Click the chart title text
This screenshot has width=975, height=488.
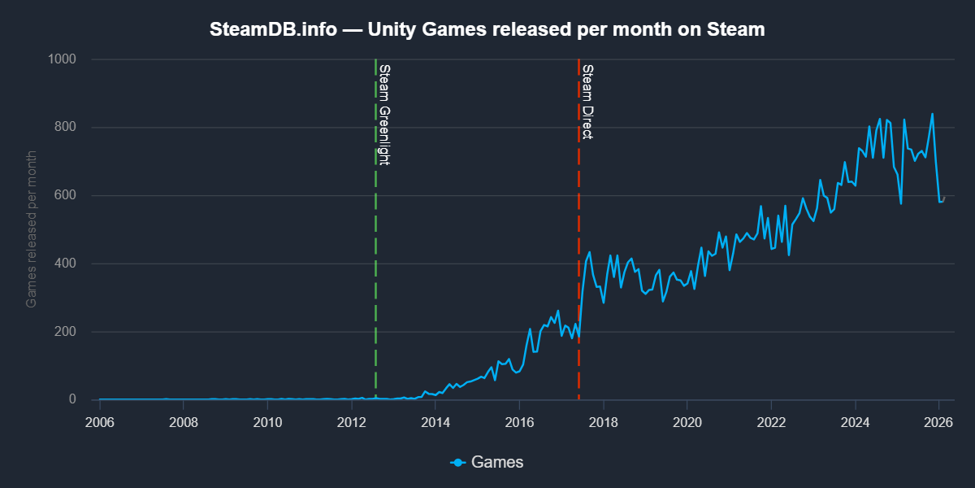[x=487, y=30]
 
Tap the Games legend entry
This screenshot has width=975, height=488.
[x=487, y=462]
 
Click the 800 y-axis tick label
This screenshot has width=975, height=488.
[x=64, y=127]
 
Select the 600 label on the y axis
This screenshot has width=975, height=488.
[x=64, y=195]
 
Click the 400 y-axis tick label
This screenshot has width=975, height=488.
[x=64, y=264]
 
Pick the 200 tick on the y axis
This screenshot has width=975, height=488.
[x=64, y=332]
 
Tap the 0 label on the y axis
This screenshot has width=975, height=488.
[x=72, y=399]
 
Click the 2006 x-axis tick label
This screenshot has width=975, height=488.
[x=99, y=422]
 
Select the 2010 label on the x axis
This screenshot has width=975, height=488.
[x=267, y=422]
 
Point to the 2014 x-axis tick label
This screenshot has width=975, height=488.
[x=435, y=422]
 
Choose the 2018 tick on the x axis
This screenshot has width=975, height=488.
[x=603, y=422]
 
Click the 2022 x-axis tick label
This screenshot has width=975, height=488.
[x=771, y=422]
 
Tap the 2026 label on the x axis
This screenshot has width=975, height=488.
[x=938, y=422]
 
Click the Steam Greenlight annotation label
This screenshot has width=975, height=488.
[x=385, y=114]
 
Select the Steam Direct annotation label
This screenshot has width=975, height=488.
[x=587, y=101]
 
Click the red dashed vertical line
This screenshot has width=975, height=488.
[x=578, y=244]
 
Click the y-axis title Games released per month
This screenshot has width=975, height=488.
[x=32, y=229]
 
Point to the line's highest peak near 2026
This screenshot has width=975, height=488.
[x=932, y=114]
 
